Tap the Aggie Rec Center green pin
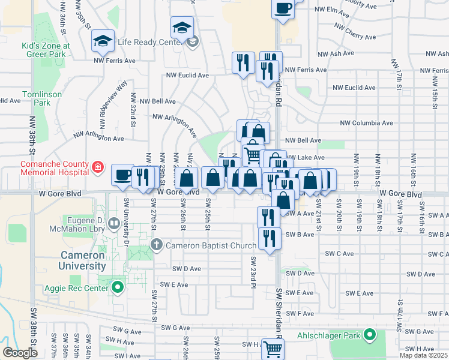[118, 288]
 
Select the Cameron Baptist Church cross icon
[157, 245]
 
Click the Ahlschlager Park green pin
[370, 335]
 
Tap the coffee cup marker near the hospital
[123, 175]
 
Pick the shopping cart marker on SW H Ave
[273, 348]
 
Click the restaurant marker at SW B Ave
[269, 238]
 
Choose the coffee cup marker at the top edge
[283, 8]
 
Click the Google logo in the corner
[20, 352]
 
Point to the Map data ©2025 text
[423, 355]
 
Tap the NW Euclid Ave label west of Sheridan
[187, 76]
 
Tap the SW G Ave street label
[176, 328]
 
